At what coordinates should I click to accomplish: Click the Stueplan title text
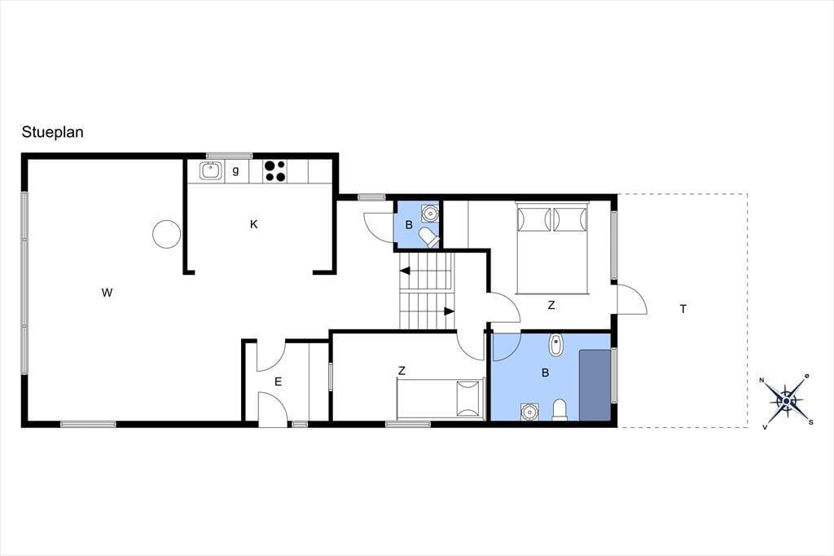point(52,132)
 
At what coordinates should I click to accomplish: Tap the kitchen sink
point(210,171)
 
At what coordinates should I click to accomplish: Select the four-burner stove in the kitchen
point(275,171)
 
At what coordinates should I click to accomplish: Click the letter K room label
point(254,224)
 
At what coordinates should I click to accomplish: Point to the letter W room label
point(107,293)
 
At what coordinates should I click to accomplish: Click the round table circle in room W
point(166,234)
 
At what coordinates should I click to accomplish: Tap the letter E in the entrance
point(278,382)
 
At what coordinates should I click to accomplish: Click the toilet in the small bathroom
point(429,237)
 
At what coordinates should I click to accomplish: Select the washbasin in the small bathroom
point(429,213)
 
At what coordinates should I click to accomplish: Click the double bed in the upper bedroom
point(552,248)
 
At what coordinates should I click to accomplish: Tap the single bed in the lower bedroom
point(440,399)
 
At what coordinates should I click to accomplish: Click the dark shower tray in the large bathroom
point(595,385)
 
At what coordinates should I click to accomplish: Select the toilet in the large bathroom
point(560,409)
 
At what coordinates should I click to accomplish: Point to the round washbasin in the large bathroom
point(529,412)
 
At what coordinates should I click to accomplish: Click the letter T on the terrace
point(683,308)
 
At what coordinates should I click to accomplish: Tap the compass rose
point(787,400)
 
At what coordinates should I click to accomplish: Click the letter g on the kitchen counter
point(235,171)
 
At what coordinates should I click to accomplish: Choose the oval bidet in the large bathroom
point(556,345)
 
